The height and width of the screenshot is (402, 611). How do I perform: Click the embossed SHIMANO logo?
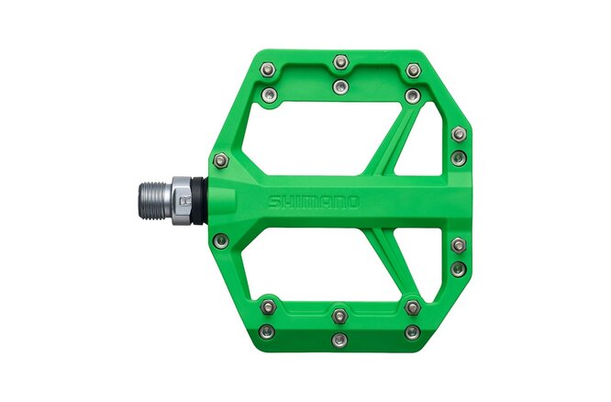click(314, 201)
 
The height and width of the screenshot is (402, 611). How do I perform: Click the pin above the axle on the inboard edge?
click(220, 161)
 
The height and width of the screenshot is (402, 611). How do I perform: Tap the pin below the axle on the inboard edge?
click(220, 240)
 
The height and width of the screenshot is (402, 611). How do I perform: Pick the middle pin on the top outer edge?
click(341, 62)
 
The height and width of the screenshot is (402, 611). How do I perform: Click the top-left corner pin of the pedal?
click(267, 70)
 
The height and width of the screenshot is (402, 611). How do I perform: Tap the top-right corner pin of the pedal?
click(414, 70)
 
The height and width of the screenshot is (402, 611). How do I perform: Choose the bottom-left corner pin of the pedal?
click(267, 331)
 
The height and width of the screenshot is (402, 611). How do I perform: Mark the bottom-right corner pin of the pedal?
click(413, 331)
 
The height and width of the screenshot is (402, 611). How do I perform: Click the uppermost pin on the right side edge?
click(459, 134)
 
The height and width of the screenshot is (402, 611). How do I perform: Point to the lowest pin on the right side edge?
click(459, 268)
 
